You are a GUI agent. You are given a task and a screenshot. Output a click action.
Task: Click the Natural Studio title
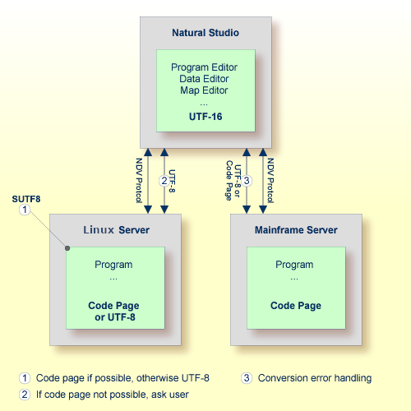[205, 34]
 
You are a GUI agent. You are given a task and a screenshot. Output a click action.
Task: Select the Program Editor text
[205, 67]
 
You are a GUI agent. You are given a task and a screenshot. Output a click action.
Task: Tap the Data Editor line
[205, 79]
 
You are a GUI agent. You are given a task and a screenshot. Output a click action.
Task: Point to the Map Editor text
[205, 90]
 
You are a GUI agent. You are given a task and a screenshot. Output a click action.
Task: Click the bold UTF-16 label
[205, 117]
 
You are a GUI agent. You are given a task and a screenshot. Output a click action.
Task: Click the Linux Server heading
[117, 229]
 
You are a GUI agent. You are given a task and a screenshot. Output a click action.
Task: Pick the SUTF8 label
[25, 199]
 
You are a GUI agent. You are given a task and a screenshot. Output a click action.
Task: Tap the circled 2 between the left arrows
[164, 180]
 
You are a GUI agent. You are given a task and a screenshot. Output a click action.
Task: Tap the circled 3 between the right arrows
[255, 180]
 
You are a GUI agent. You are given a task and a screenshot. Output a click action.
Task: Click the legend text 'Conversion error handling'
[314, 378]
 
